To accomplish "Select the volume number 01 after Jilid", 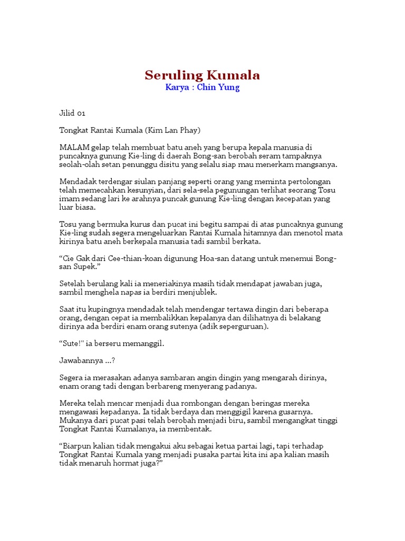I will [80, 113].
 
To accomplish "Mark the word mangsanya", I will [315, 164].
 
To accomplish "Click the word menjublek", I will [196, 292].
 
